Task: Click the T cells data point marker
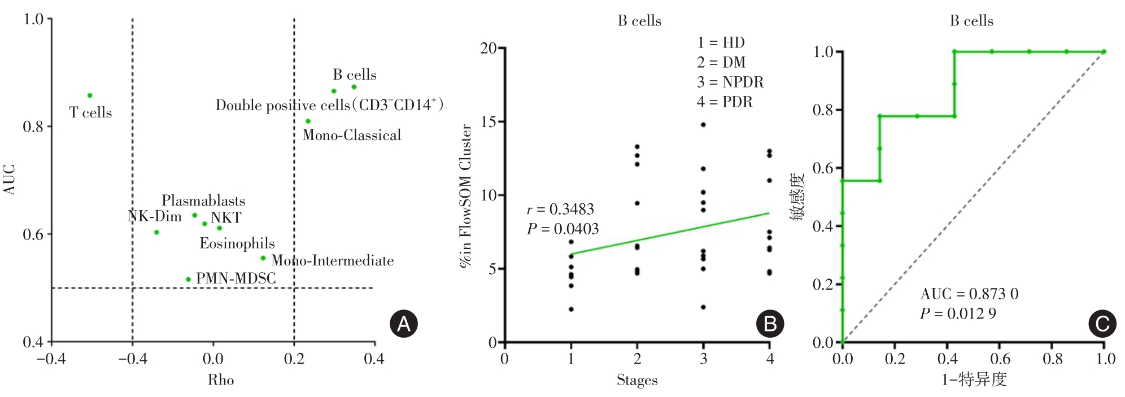pos(90,95)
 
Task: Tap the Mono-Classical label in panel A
pos(351,136)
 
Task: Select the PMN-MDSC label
pos(236,278)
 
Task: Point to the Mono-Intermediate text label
pos(332,261)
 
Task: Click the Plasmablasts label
pos(203,201)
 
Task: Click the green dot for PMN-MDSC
pos(188,280)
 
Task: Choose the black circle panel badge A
pos(404,324)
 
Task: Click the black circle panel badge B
pos(770,324)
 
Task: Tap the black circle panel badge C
pos(1102,324)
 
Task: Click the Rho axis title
pos(220,380)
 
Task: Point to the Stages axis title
pos(637,380)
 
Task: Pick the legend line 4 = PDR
pos(725,102)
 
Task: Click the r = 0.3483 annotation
pos(560,210)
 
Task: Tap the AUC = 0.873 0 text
pos(969,294)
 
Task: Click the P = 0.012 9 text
pos(958,313)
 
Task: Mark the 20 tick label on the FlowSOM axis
pos(489,49)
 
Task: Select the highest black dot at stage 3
pos(703,124)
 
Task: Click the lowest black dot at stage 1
pos(571,309)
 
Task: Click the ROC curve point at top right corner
pos(1104,52)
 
